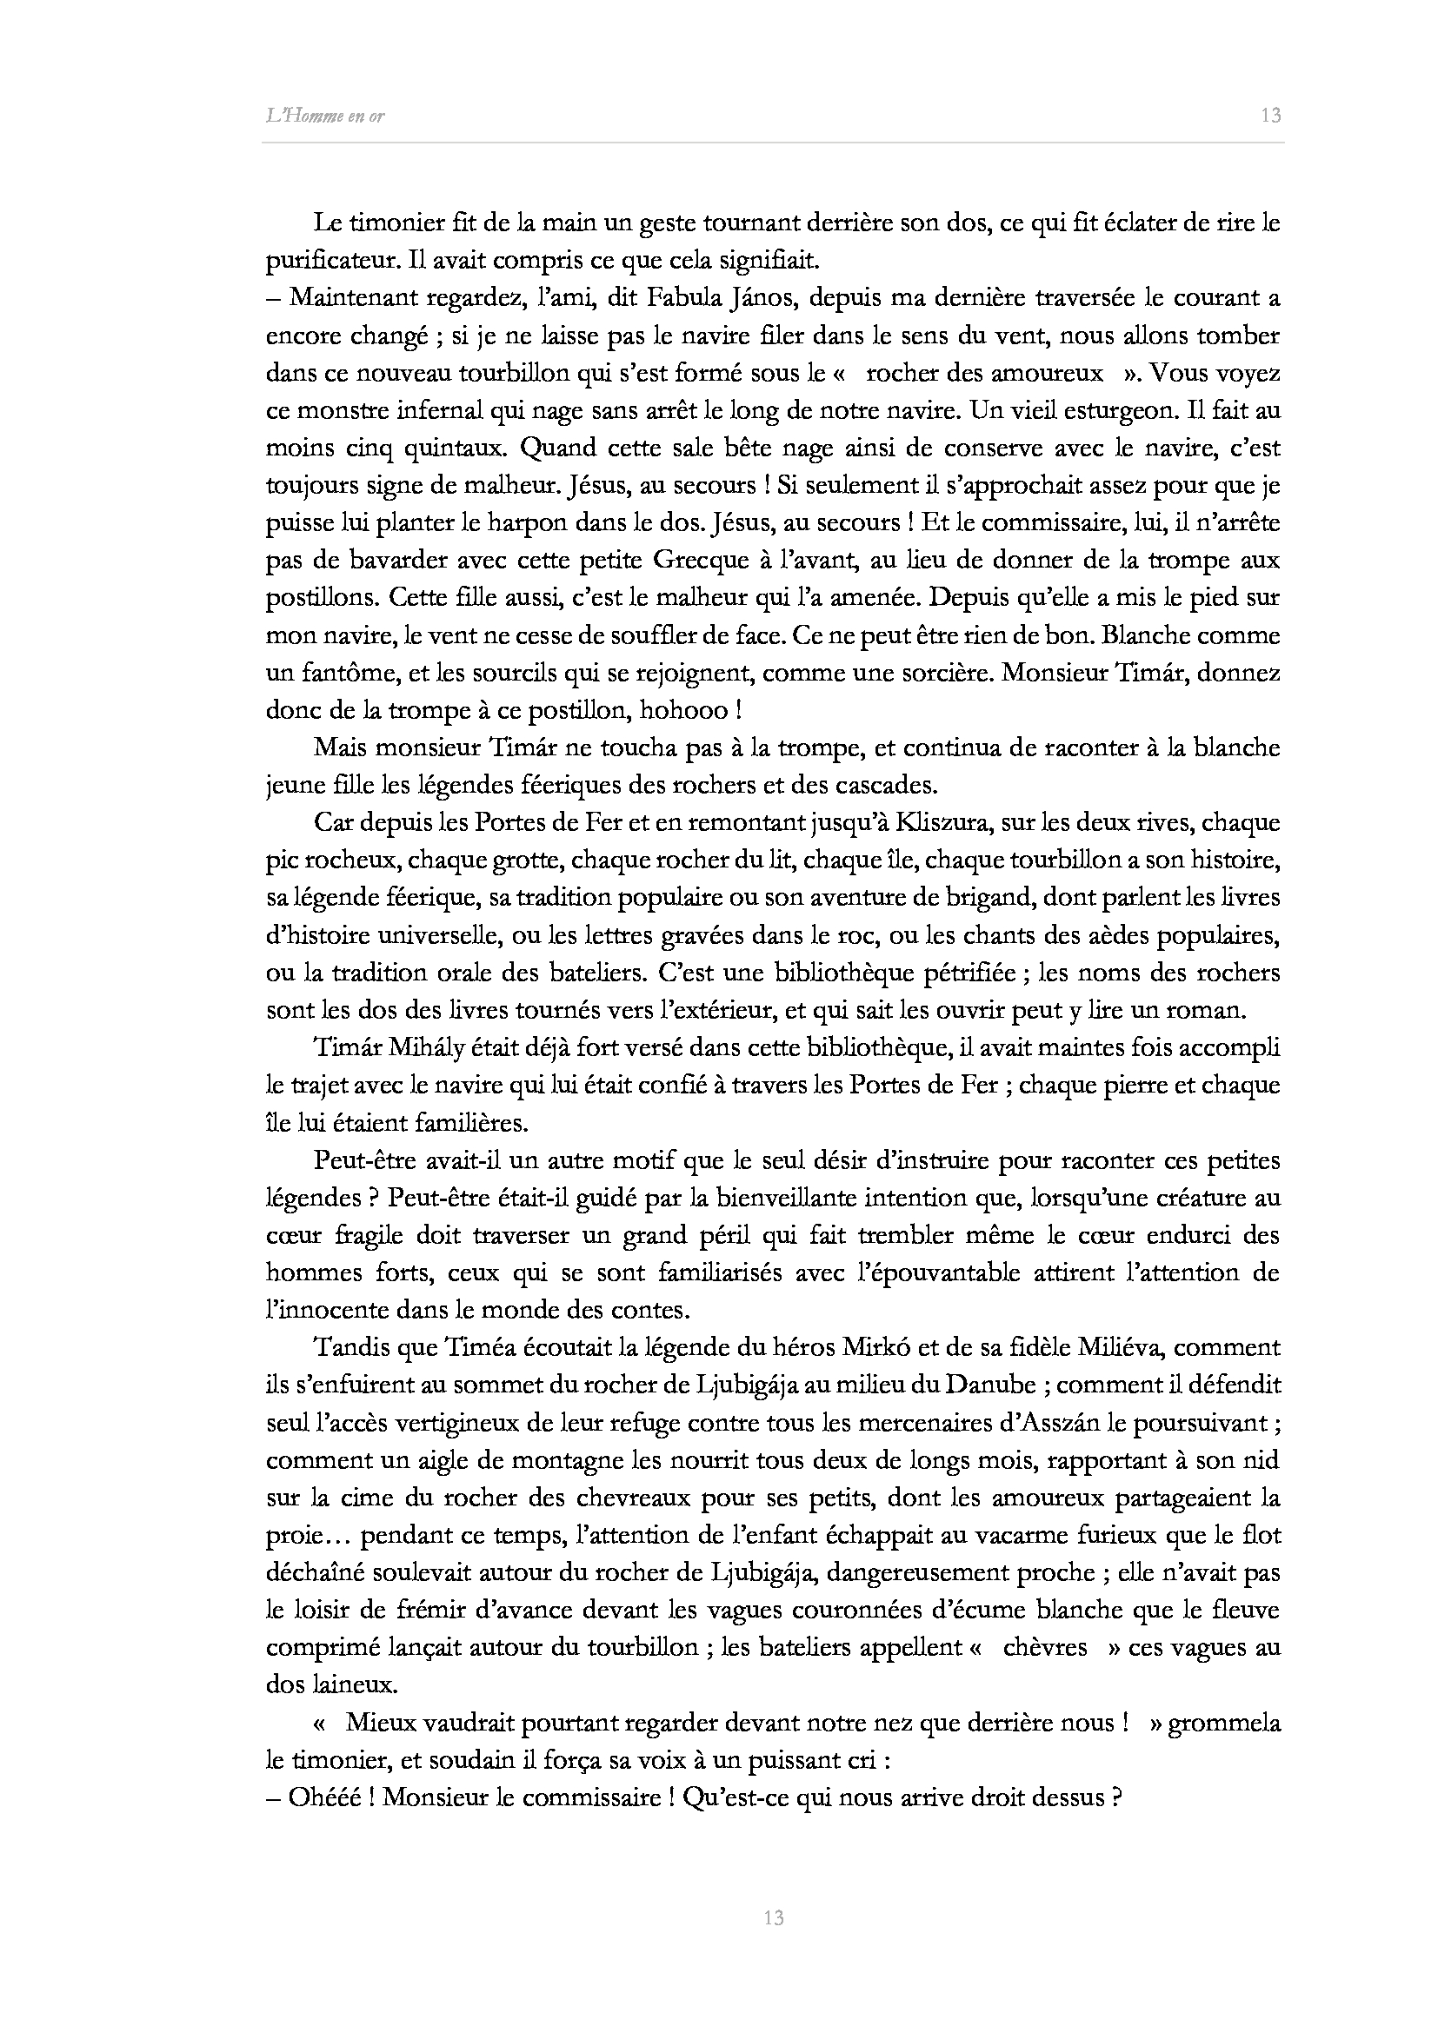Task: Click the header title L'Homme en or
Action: tap(325, 116)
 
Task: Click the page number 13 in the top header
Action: tap(1271, 115)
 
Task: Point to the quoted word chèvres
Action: tap(1045, 1648)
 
